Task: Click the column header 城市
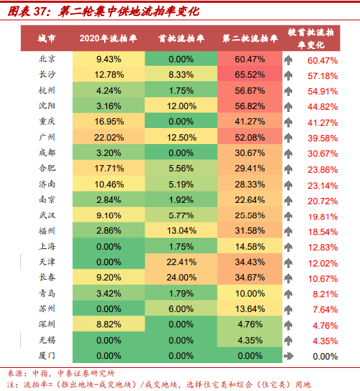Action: click(x=47, y=38)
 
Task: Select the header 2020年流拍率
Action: click(x=108, y=38)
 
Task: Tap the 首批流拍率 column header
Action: click(x=181, y=38)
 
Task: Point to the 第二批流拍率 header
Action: click(x=250, y=38)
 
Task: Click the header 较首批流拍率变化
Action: click(x=310, y=38)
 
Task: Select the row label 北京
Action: click(x=47, y=59)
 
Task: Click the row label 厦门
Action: click(x=47, y=355)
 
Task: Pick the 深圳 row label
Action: click(x=47, y=324)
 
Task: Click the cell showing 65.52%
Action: click(x=250, y=74)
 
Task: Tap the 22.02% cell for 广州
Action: click(x=109, y=137)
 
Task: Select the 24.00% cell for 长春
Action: click(x=181, y=277)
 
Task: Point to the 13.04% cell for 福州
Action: click(x=181, y=230)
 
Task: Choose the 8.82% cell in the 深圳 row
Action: click(x=109, y=324)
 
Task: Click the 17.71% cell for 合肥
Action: click(x=109, y=168)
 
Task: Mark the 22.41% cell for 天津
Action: click(x=181, y=262)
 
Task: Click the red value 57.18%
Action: click(x=323, y=76)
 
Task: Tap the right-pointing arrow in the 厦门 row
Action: click(x=289, y=356)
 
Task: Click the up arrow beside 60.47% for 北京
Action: click(x=288, y=60)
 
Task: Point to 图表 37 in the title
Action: click(x=27, y=11)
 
